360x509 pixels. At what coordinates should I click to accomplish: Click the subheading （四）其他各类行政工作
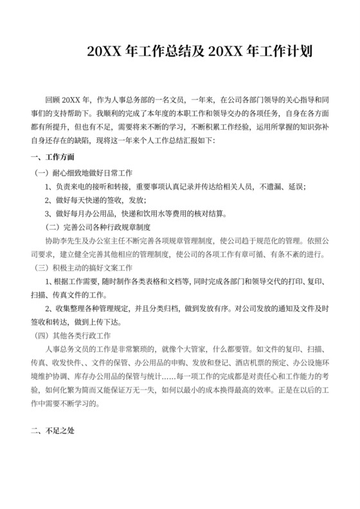tap(73, 334)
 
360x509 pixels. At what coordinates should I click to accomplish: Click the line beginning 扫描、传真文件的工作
tap(67, 294)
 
